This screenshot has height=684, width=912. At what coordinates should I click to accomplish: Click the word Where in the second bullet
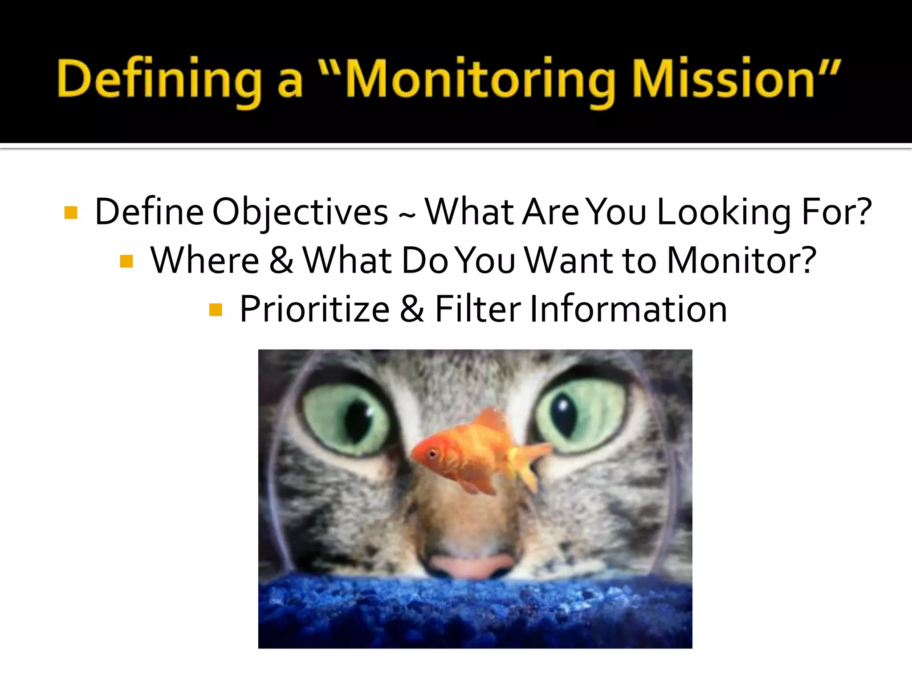click(204, 261)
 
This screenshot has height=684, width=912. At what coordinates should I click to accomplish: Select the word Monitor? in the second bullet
click(741, 261)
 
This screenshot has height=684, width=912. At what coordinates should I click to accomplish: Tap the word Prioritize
click(314, 309)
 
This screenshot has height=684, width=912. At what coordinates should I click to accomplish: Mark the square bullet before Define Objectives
click(71, 212)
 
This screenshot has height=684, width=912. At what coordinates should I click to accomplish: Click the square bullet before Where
click(126, 261)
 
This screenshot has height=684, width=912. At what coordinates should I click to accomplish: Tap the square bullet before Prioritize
click(216, 309)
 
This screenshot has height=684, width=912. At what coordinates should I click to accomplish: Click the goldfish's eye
click(432, 454)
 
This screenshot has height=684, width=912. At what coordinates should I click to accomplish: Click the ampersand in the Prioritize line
click(412, 309)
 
